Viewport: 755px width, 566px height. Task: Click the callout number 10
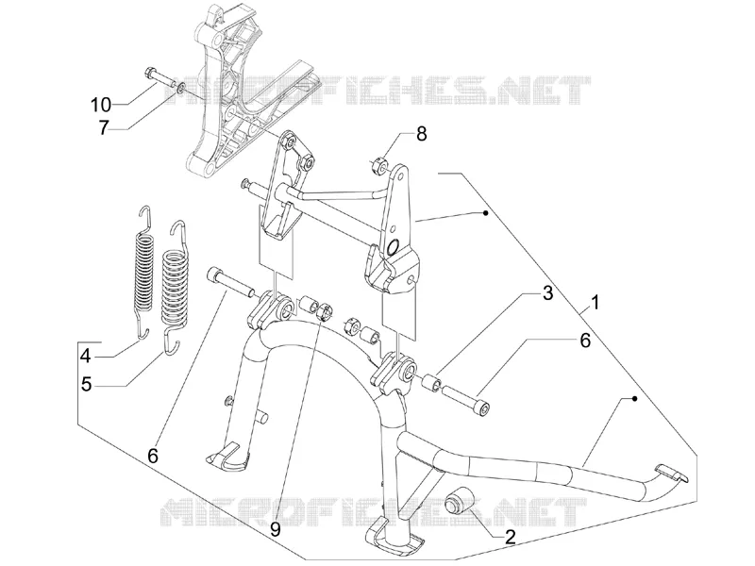point(101,104)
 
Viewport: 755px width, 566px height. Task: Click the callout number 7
point(105,127)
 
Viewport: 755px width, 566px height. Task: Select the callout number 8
point(421,133)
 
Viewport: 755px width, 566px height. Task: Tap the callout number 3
point(548,293)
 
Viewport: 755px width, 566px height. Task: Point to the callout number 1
point(596,303)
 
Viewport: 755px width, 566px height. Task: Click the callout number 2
point(510,536)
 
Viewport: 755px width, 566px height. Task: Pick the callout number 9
point(275,529)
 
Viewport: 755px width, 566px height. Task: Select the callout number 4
point(86,357)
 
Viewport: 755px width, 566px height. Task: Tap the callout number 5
point(86,384)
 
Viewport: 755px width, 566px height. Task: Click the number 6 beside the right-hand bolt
point(584,341)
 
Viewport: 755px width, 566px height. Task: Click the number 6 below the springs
point(153,456)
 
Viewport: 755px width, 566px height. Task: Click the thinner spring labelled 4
point(143,272)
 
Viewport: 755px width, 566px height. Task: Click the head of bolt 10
point(149,75)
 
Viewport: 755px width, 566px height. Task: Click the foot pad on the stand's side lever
point(672,473)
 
